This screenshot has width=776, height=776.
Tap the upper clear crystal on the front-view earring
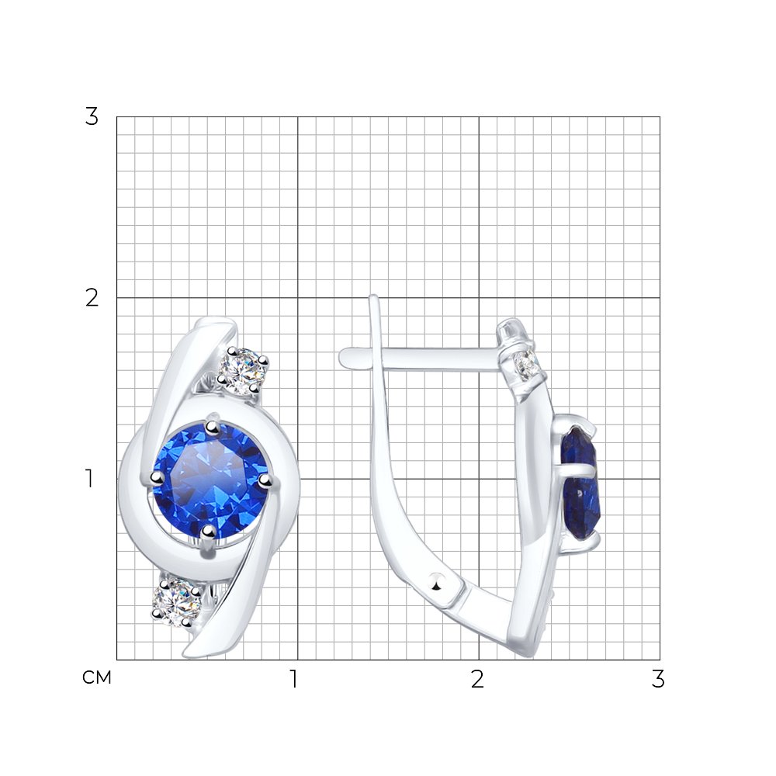(x=242, y=371)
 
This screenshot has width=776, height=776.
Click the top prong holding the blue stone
(x=213, y=424)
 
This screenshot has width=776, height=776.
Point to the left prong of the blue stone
(x=157, y=477)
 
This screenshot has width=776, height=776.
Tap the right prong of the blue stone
(x=265, y=480)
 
